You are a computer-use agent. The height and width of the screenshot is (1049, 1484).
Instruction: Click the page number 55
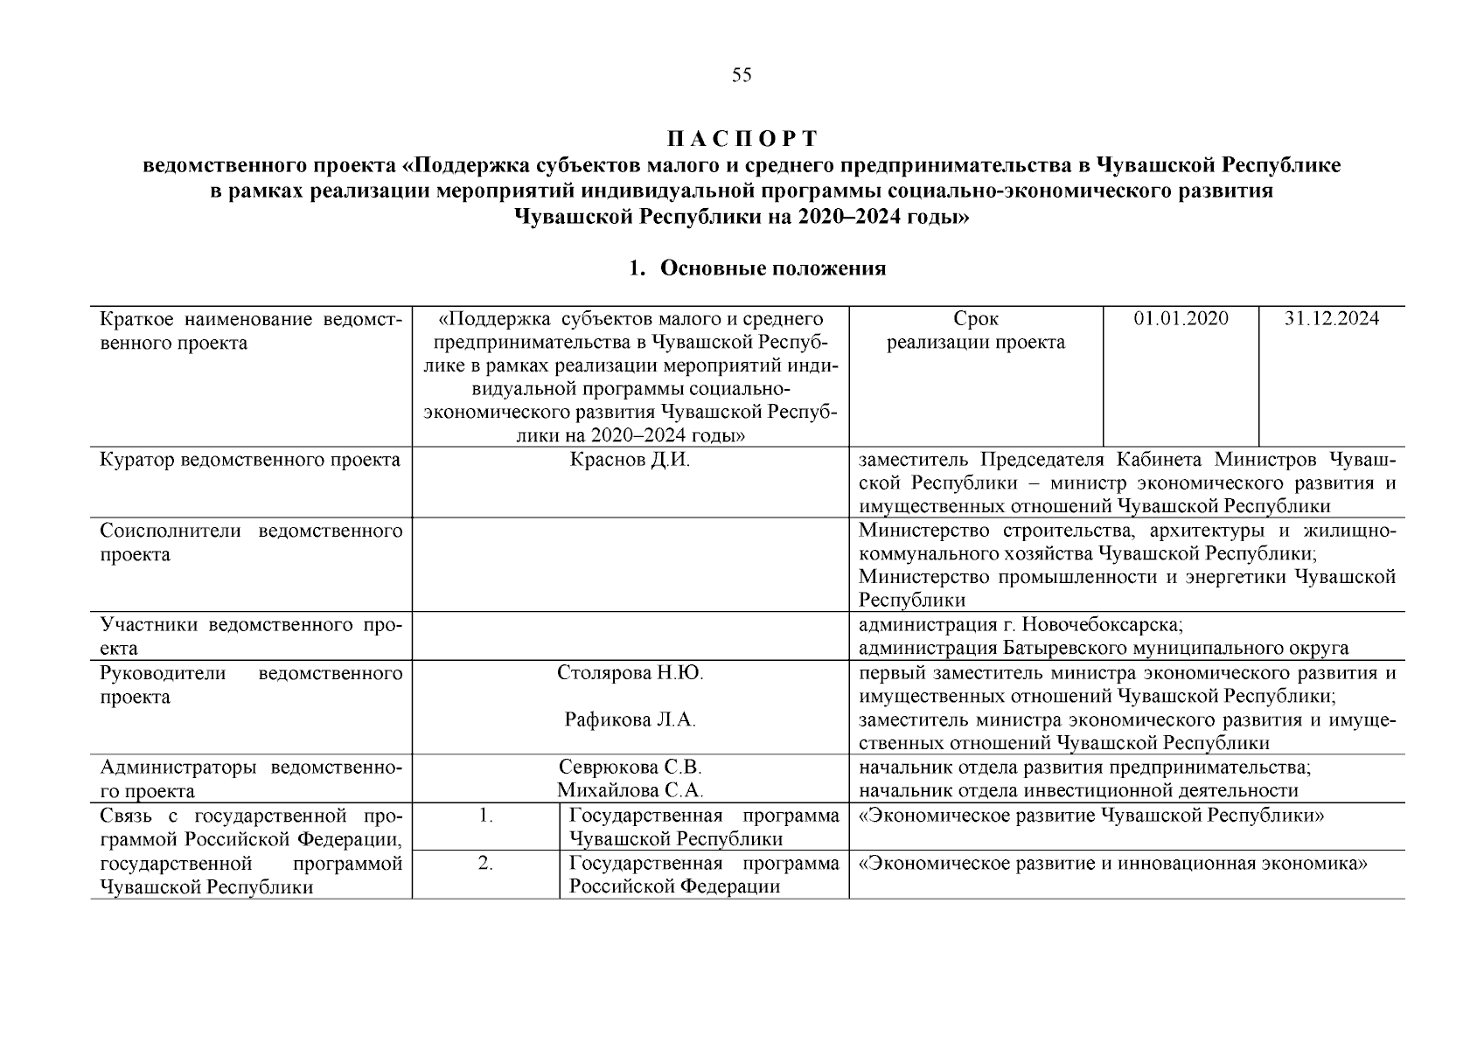click(x=742, y=75)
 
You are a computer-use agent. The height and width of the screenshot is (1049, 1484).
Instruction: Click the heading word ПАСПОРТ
click(x=742, y=139)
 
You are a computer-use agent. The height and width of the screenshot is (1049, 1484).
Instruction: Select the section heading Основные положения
click(x=772, y=268)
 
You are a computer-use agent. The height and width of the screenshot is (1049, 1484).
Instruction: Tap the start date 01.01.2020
click(x=1181, y=319)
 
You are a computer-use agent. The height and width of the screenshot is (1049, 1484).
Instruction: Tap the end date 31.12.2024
click(x=1331, y=319)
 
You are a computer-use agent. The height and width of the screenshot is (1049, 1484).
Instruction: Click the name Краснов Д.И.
click(x=630, y=461)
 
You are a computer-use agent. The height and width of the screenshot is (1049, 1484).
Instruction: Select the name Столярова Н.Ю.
click(x=630, y=673)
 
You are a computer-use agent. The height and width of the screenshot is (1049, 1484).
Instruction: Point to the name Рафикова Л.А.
click(x=630, y=720)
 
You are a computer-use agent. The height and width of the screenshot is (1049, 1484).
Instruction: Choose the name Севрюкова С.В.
click(x=630, y=768)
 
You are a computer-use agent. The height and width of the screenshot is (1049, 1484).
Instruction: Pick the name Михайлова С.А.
click(x=630, y=791)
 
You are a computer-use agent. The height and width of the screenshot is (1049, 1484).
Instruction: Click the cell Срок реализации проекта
click(x=976, y=330)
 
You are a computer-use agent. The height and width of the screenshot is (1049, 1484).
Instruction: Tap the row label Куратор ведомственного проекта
click(x=250, y=461)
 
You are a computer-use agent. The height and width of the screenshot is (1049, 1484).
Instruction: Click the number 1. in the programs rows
click(x=486, y=816)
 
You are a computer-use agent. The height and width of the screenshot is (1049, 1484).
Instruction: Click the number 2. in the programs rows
click(x=486, y=864)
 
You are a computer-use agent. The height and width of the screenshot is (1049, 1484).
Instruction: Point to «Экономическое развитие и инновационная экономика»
click(x=1113, y=864)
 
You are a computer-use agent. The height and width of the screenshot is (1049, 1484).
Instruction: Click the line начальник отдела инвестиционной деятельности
click(x=1078, y=791)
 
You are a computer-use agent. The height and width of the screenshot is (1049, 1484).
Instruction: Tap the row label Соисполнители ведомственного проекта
click(x=250, y=543)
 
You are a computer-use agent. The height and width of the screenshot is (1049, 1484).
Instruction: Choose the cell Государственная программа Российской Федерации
click(x=703, y=875)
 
